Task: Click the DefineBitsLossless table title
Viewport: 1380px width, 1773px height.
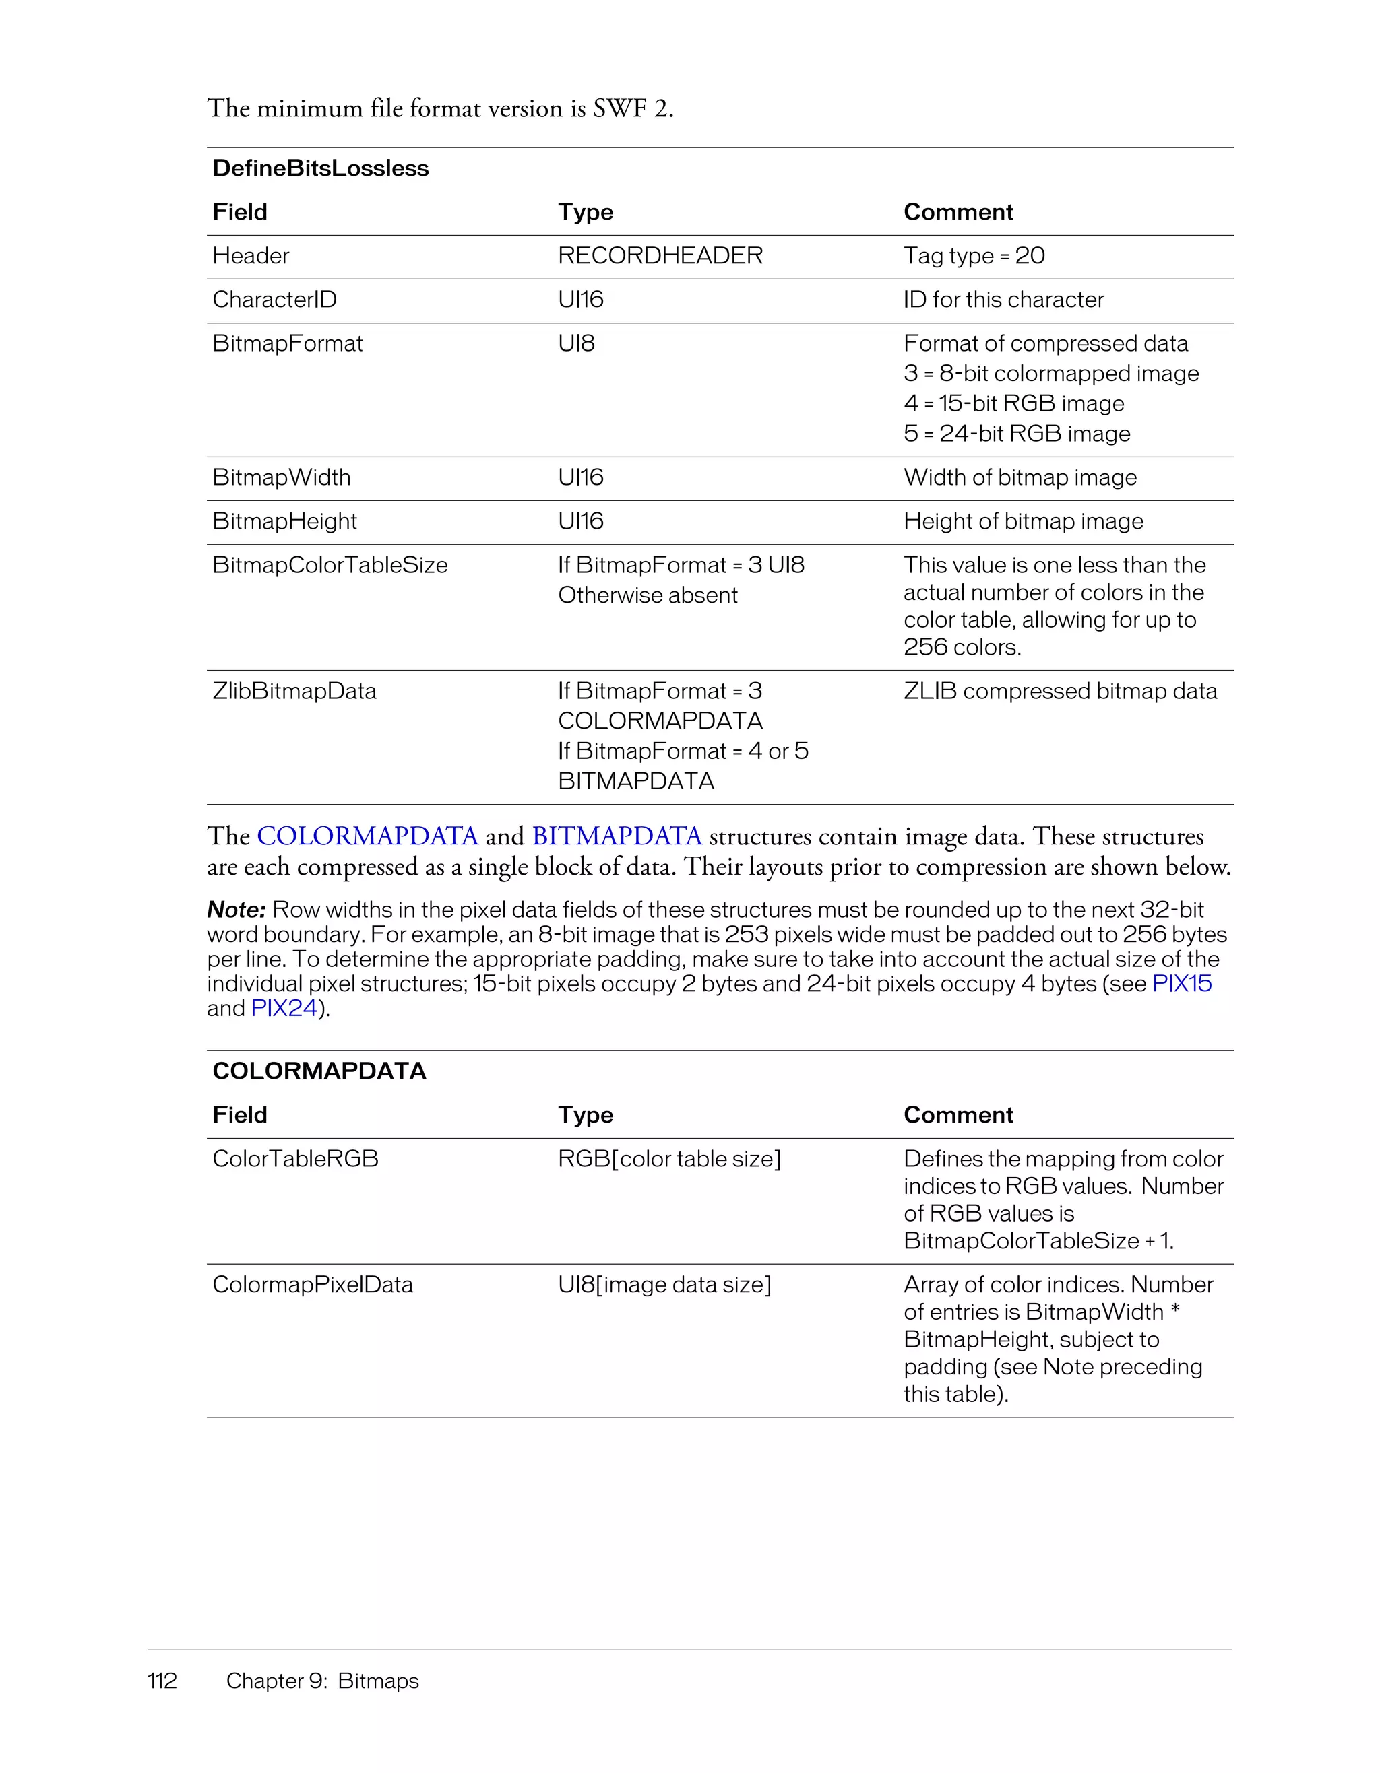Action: pyautogui.click(x=320, y=168)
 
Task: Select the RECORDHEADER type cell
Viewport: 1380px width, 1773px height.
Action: pyautogui.click(x=660, y=256)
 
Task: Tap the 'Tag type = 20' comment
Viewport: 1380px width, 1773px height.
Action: pyautogui.click(x=973, y=256)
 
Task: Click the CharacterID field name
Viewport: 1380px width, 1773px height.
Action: pyautogui.click(x=274, y=300)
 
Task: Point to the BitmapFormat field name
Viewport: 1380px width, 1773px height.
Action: pyautogui.click(x=287, y=343)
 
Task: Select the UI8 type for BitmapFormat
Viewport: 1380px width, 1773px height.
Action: pyautogui.click(x=576, y=343)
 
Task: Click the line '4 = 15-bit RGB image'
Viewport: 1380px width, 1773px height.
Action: pyautogui.click(x=1013, y=403)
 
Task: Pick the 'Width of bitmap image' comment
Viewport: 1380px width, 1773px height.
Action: pyautogui.click(x=1020, y=477)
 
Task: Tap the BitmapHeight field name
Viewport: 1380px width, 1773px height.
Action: pyautogui.click(x=284, y=521)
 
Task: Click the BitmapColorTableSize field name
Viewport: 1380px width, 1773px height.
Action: pyautogui.click(x=330, y=565)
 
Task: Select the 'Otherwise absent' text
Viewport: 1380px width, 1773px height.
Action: pyautogui.click(x=648, y=595)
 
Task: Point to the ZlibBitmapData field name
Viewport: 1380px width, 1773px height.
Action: pyautogui.click(x=294, y=691)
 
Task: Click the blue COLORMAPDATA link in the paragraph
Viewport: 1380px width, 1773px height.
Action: pyautogui.click(x=367, y=836)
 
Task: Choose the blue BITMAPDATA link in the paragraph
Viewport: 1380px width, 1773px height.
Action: pyautogui.click(x=617, y=836)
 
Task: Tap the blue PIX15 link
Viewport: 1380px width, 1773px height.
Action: pyautogui.click(x=1181, y=984)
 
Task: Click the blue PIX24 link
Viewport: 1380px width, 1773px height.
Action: pyautogui.click(x=284, y=1008)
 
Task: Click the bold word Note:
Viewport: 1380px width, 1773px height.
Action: pyautogui.click(x=237, y=910)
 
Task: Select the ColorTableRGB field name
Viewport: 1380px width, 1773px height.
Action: pyautogui.click(x=295, y=1158)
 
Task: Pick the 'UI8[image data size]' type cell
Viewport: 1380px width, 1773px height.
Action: pyautogui.click(x=664, y=1284)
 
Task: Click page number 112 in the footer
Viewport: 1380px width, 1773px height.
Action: pyautogui.click(x=162, y=1681)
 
